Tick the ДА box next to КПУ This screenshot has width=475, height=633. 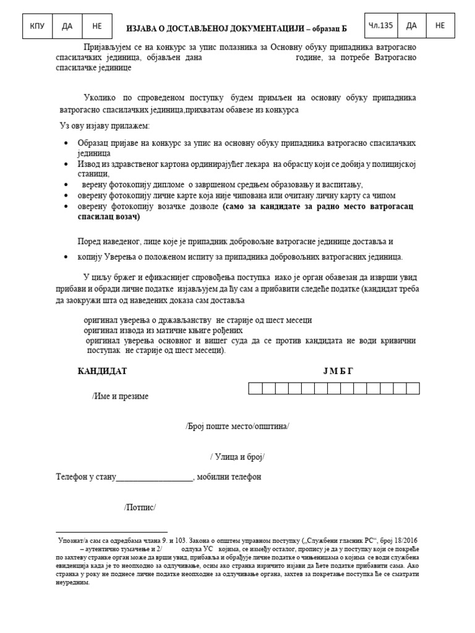67,26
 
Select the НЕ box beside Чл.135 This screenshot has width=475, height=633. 440,25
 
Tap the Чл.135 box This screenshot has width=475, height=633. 380,25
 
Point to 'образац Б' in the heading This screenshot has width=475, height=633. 325,28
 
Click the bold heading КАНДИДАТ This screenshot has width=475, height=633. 102,371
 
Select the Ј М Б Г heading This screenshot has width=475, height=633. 338,371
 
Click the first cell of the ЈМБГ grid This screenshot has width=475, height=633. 255,388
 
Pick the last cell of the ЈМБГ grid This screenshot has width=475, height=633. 413,388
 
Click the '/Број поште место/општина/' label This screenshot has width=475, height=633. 237,427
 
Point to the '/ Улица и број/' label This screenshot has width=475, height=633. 237,457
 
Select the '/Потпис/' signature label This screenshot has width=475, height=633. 140,508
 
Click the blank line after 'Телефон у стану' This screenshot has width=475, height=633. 155,477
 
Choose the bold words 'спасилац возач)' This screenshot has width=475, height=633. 109,217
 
